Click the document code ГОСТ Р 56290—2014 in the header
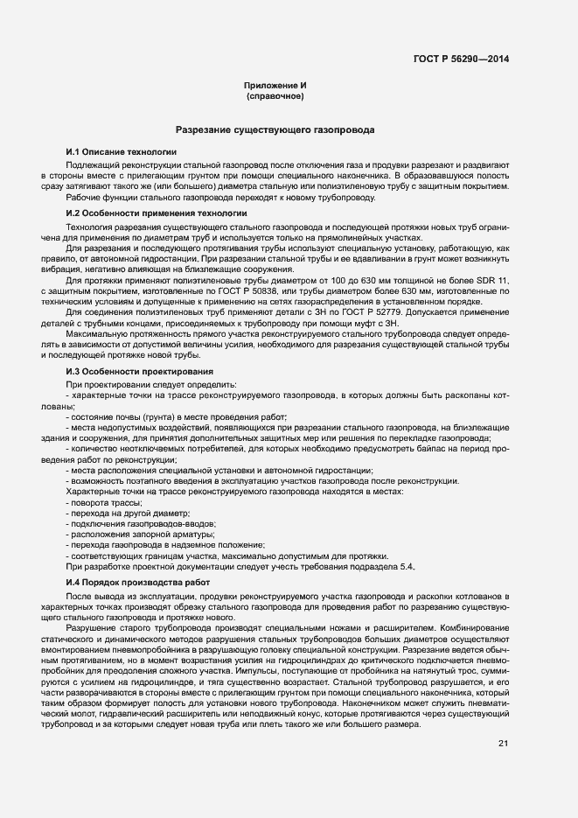click(x=461, y=59)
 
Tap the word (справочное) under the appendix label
click(x=275, y=96)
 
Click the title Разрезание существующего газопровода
click(x=275, y=129)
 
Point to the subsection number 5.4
click(x=405, y=568)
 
